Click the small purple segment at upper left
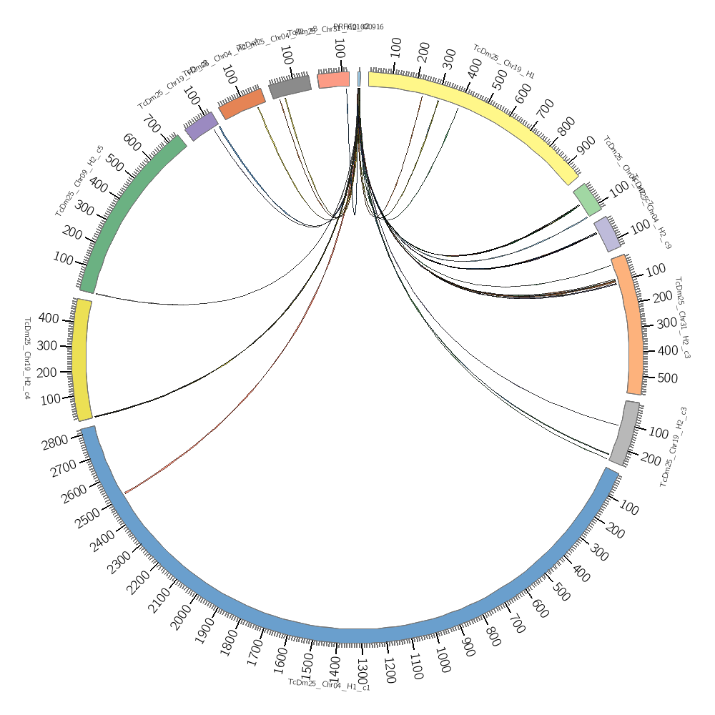pos(201,126)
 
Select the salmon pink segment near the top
pos(334,79)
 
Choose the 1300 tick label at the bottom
pos(363,670)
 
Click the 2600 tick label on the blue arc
pos(74,493)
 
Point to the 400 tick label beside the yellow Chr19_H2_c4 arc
pos(49,318)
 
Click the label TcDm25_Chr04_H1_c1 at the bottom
pos(329,684)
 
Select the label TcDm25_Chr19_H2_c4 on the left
pos(27,357)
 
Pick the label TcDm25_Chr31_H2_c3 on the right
pos(683,317)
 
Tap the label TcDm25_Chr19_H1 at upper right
pos(503,61)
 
